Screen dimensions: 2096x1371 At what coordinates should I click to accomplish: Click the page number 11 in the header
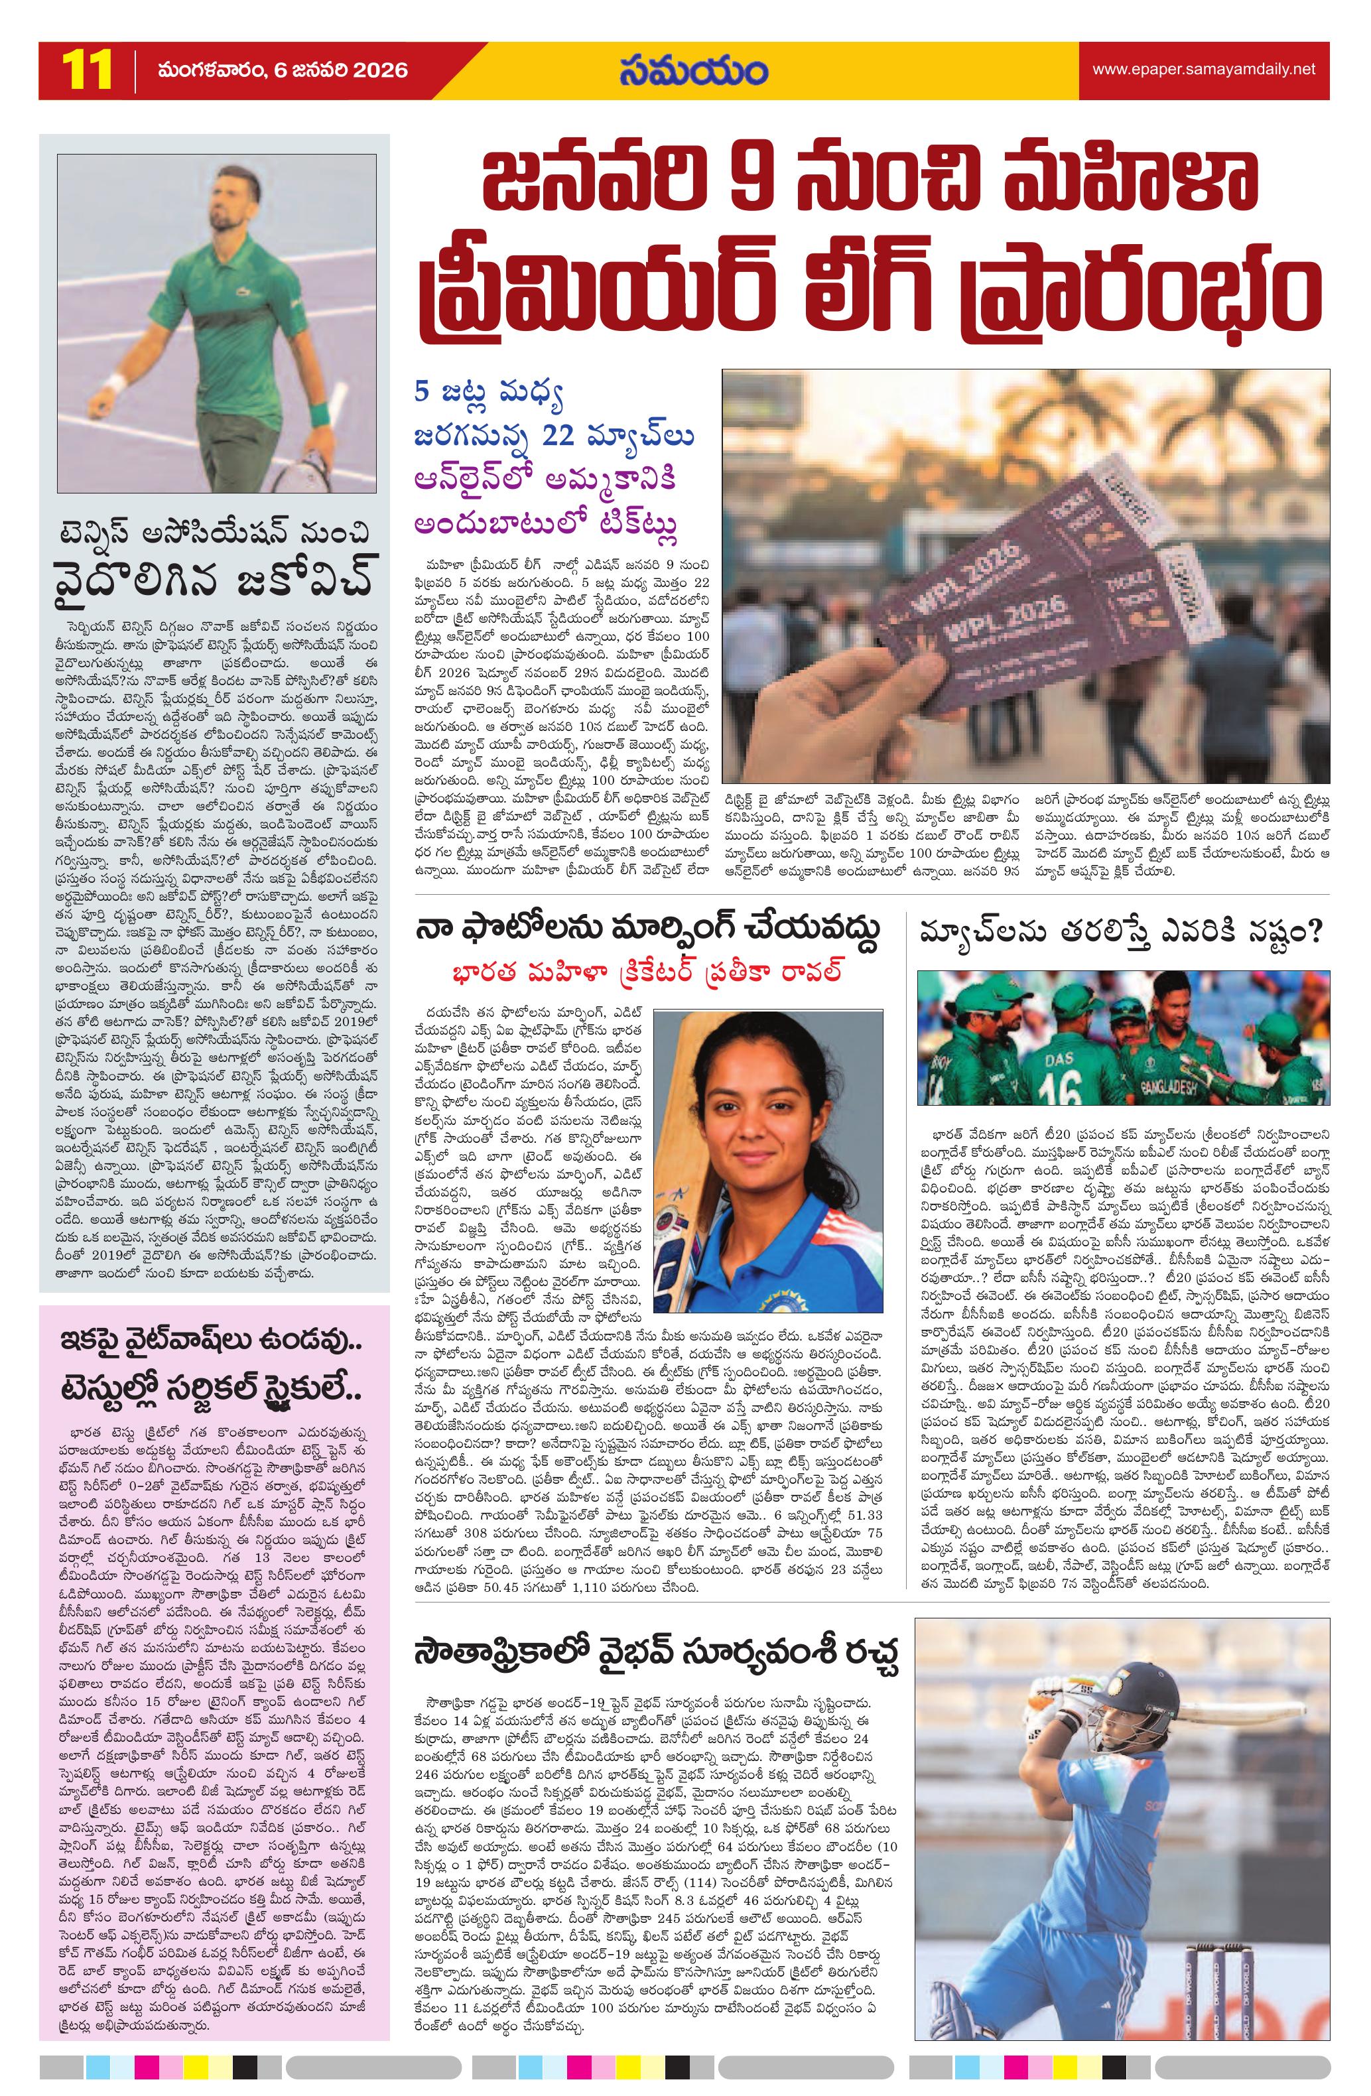[x=86, y=69]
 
